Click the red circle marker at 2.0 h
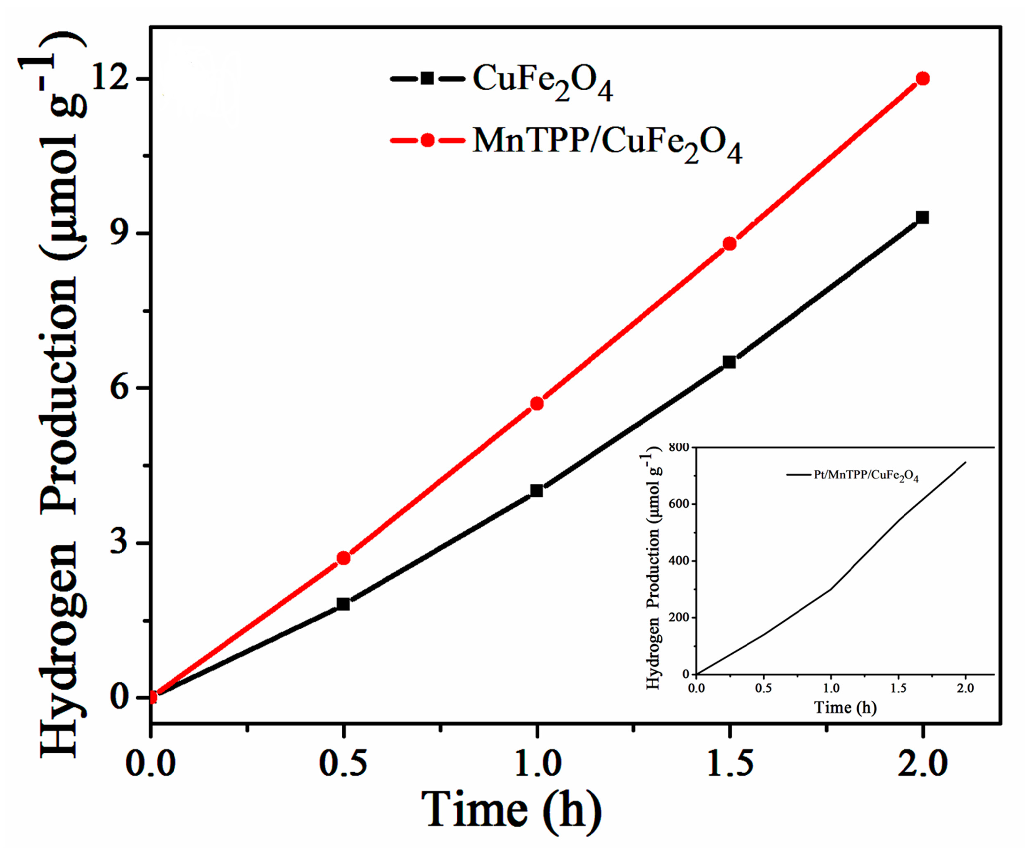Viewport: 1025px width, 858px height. coord(923,79)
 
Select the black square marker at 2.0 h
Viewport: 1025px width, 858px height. coord(922,217)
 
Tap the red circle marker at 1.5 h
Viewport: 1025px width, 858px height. coord(729,243)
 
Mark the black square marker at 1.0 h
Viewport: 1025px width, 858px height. coord(536,491)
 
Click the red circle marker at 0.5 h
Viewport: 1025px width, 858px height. coord(343,558)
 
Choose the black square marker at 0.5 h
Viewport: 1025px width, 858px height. coord(343,604)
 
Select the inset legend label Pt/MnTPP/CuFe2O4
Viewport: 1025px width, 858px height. coord(866,476)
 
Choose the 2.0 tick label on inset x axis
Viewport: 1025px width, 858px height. coord(965,688)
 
